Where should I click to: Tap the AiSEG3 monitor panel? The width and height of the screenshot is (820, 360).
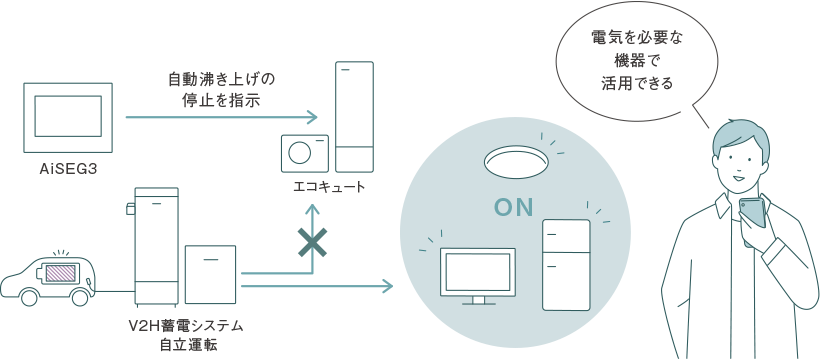(68, 117)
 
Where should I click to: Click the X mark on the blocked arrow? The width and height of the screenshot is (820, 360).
(313, 241)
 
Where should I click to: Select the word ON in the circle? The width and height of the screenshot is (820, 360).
(516, 208)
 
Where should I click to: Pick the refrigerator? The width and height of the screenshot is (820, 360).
(565, 264)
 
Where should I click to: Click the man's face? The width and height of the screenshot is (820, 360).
(739, 160)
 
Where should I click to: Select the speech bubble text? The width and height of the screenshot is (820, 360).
(637, 61)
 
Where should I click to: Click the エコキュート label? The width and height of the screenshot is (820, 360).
(329, 187)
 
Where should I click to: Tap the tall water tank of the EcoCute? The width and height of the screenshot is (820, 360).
(353, 117)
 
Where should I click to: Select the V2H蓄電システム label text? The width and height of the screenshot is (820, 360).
(187, 326)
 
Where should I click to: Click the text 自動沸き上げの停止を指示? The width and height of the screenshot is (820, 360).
(222, 89)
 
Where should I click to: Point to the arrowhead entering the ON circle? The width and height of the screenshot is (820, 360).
(387, 287)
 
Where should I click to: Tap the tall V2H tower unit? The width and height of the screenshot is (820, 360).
(156, 247)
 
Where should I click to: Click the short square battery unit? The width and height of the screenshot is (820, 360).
(210, 274)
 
